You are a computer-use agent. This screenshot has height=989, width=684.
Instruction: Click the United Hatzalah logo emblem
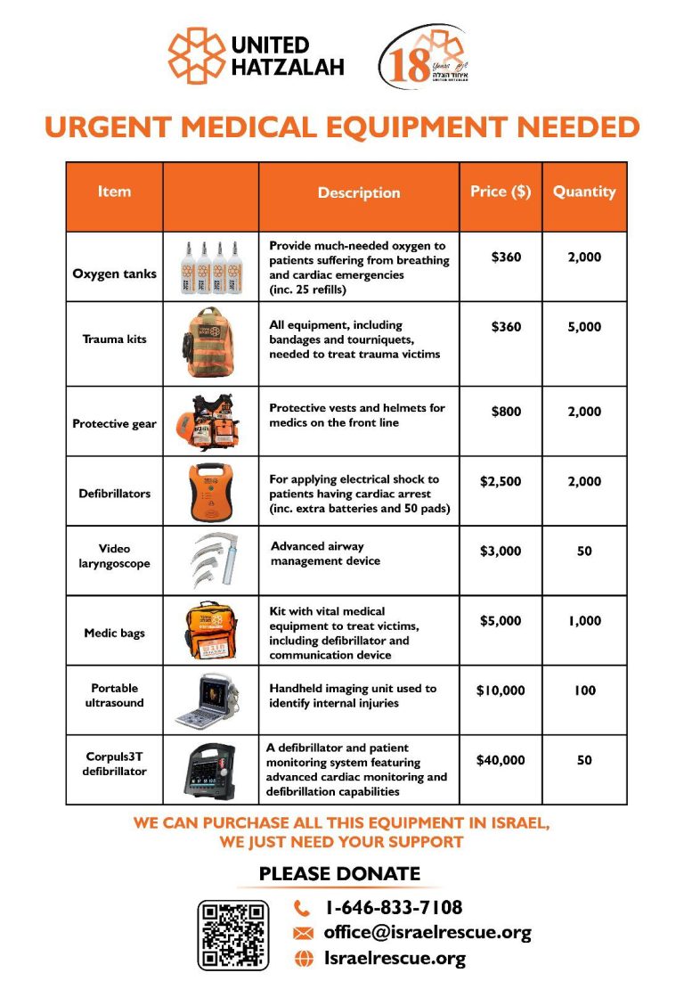pos(196,55)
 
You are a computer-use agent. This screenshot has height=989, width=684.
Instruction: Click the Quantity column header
pos(583,192)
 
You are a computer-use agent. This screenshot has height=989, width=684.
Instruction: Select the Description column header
pos(359,192)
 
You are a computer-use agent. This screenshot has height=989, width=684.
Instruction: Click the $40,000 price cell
pos(501,760)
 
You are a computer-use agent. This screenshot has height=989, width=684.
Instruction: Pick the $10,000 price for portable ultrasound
pos(501,691)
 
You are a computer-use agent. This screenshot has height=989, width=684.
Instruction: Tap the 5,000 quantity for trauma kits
pos(583,327)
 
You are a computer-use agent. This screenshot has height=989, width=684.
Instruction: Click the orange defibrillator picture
pos(210,492)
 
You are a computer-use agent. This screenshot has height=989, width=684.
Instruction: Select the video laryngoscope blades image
pos(210,560)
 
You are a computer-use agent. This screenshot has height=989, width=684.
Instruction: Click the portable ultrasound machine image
pos(210,701)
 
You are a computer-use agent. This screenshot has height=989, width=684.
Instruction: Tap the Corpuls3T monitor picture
pos(210,770)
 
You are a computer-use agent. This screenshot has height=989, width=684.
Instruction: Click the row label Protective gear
pos(114,423)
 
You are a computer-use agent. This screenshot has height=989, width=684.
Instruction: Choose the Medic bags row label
pos(114,633)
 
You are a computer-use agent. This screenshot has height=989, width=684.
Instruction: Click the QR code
pos(232,935)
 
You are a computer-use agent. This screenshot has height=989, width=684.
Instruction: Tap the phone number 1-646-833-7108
pos(394,908)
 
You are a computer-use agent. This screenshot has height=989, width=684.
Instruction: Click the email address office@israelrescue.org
pos(427,933)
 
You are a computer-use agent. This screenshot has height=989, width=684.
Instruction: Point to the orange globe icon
pos(304,959)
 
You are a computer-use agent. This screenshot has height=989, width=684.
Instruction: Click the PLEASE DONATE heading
pos(339,874)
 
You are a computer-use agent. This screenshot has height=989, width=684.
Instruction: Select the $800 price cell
pos(506,412)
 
